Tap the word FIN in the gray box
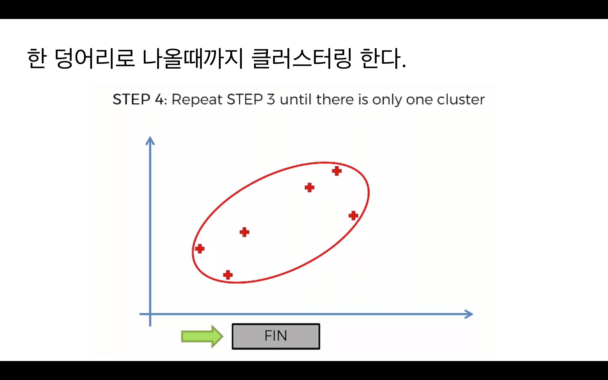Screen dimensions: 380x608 [276, 336]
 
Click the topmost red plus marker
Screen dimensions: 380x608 [337, 171]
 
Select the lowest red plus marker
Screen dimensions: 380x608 [228, 275]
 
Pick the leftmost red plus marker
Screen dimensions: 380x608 [200, 248]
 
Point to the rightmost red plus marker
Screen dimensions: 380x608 [353, 215]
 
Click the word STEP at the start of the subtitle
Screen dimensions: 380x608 [131, 99]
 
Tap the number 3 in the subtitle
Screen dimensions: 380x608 [271, 99]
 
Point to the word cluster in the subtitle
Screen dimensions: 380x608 [461, 99]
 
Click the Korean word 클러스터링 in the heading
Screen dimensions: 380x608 [301, 58]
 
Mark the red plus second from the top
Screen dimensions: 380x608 [309, 187]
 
